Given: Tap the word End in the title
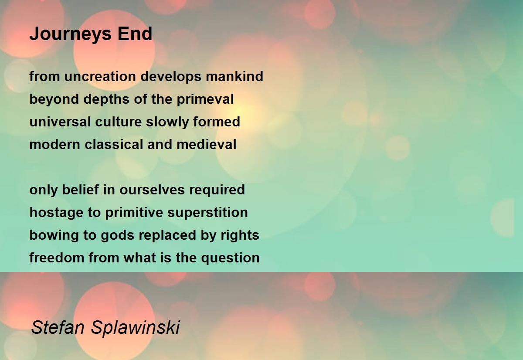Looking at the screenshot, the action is pos(135,34).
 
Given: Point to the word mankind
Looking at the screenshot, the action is pos(234,76).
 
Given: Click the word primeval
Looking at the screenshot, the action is pos(205,99).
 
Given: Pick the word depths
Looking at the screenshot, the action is pos(106,99).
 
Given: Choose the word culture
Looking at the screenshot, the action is pos(119,122).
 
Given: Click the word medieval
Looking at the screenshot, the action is pos(207,144).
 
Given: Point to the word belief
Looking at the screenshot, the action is pos(80,190).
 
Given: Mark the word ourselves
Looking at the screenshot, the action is pos(152,190).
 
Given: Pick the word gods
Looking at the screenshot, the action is pos(117,235).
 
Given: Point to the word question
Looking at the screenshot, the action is pos(230,258).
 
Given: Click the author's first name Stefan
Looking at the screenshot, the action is pos(58,327).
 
